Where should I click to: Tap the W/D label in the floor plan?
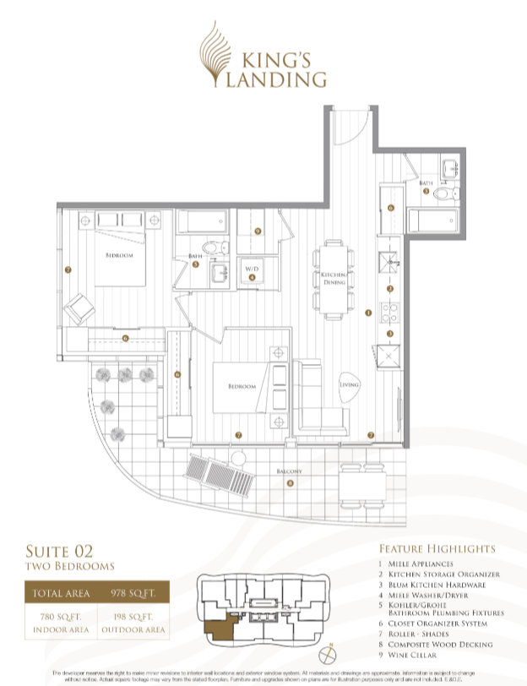(x=252, y=269)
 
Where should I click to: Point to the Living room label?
(x=350, y=384)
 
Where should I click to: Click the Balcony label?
(x=290, y=471)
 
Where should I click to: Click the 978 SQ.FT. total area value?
(x=131, y=594)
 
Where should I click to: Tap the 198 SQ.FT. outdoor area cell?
(x=133, y=623)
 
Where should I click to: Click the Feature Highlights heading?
(x=437, y=548)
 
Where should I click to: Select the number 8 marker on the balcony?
(x=290, y=483)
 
